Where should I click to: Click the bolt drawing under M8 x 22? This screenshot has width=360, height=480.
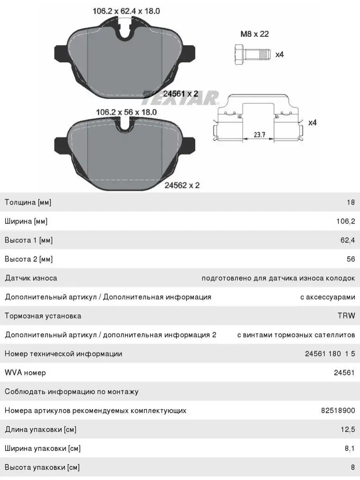pyautogui.click(x=251, y=53)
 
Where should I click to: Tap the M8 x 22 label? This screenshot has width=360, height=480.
pyautogui.click(x=254, y=34)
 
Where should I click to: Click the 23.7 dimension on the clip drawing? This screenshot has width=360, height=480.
pyautogui.click(x=260, y=135)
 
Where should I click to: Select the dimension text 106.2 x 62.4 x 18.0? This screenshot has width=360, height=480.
pyautogui.click(x=126, y=11)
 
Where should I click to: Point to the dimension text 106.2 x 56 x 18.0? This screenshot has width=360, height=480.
pyautogui.click(x=126, y=112)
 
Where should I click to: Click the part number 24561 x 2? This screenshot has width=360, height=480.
pyautogui.click(x=181, y=94)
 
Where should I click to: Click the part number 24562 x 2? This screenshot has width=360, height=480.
pyautogui.click(x=182, y=185)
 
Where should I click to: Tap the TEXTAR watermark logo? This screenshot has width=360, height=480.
pyautogui.click(x=181, y=98)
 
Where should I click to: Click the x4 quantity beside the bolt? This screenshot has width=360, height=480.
pyautogui.click(x=279, y=54)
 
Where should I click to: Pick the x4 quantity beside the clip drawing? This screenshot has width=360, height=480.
pyautogui.click(x=312, y=123)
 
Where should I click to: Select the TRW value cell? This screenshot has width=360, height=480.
pyautogui.click(x=346, y=316)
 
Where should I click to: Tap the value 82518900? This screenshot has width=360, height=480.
pyautogui.click(x=338, y=410)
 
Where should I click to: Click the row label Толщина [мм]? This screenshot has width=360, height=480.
pyautogui.click(x=28, y=202)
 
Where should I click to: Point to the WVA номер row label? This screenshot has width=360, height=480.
pyautogui.click(x=25, y=373)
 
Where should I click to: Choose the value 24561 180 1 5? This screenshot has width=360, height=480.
pyautogui.click(x=330, y=354)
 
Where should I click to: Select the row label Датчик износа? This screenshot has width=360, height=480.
pyautogui.click(x=31, y=278)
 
